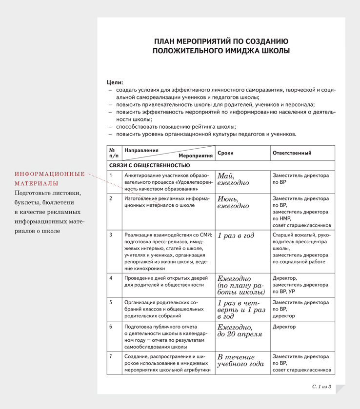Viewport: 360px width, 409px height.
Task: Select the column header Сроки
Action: coord(225,153)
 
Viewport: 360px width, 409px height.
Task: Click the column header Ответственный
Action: coord(292,153)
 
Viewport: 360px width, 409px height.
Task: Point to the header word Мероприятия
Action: coord(196,156)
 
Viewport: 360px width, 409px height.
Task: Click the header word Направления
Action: coord(141,150)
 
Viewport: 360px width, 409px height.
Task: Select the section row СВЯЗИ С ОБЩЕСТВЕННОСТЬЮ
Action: coord(149,166)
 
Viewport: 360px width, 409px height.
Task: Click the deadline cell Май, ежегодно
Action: coord(233,179)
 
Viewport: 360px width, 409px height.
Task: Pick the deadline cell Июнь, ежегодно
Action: coord(233,202)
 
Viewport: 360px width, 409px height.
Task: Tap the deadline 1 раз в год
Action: coord(236,235)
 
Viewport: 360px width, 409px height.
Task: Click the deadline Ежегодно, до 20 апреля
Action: coord(240,331)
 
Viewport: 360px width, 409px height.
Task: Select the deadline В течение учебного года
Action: coord(240,360)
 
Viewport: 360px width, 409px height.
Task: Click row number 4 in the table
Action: coord(111,278)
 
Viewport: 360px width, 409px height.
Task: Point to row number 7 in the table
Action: coord(111,356)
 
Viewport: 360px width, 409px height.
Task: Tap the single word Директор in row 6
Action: coord(284,327)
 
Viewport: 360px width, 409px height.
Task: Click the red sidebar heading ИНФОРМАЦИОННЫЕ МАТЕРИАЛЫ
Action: coord(49,178)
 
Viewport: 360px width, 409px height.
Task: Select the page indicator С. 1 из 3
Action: coord(322,387)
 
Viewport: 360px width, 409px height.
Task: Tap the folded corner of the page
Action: coord(340,389)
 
